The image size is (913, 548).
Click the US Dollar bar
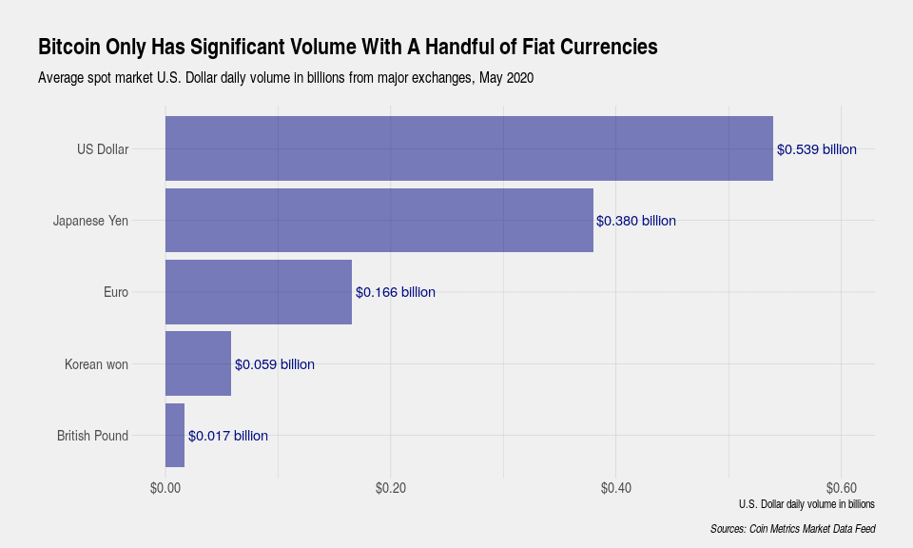469,148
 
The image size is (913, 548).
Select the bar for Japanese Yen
379,220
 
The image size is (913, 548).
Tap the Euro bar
259,291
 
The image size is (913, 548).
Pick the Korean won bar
198,363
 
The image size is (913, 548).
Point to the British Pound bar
175,435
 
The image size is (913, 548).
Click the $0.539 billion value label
817,149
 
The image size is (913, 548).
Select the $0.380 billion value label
636,221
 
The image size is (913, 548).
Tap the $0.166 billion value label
396,292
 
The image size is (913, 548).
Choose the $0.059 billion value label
275,364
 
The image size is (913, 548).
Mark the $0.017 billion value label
228,436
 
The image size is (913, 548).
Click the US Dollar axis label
103,149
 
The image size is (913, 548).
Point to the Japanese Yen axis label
90,221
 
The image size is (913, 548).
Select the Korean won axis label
96,364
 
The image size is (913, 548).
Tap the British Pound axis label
92,436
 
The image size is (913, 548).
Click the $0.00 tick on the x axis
165,488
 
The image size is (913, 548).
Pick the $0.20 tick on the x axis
391,488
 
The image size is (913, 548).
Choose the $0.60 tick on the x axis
841,488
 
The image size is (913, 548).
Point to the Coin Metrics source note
792,529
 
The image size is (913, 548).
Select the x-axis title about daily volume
806,503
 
